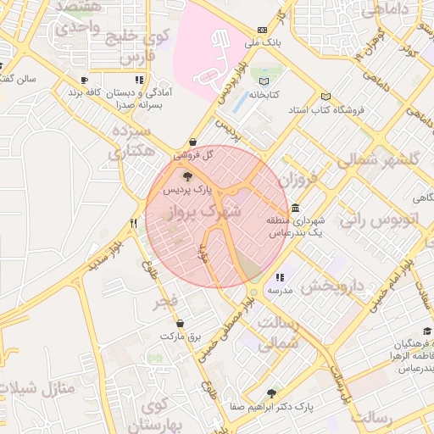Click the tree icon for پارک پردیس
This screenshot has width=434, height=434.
click(187, 177)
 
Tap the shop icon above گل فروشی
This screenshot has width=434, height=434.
click(193, 142)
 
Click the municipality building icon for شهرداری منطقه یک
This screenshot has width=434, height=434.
click(294, 208)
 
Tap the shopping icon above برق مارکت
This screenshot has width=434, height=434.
click(180, 323)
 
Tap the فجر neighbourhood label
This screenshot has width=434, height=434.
click(165, 302)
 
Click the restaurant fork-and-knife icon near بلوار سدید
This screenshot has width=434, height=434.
click(133, 224)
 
